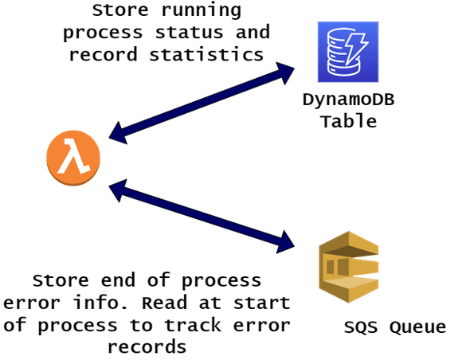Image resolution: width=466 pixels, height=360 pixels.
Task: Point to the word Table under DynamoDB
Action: (x=348, y=122)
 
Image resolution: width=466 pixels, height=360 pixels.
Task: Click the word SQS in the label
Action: (x=362, y=327)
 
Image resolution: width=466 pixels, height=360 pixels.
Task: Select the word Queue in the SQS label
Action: (x=415, y=327)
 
